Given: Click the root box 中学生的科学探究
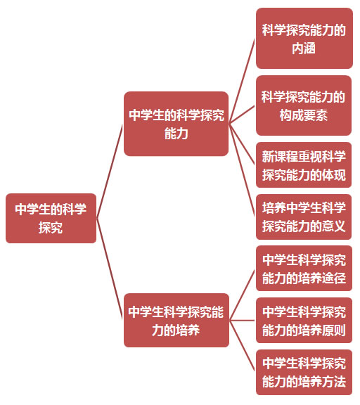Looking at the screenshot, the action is [x=51, y=218].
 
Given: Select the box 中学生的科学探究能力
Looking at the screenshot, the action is [x=176, y=124].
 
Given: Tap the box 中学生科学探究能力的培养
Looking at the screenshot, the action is [x=176, y=321].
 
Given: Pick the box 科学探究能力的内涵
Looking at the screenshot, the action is [x=304, y=38].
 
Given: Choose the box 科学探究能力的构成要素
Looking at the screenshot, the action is [x=304, y=105].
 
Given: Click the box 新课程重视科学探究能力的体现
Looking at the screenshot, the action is [x=304, y=165].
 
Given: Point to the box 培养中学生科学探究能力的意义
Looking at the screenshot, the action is [x=304, y=217].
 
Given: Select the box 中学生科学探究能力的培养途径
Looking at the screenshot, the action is [x=304, y=269].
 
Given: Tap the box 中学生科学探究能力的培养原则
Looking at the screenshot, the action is [x=304, y=321].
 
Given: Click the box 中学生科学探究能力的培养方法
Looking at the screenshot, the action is [x=304, y=372].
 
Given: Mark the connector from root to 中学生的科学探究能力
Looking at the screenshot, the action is [x=110, y=171].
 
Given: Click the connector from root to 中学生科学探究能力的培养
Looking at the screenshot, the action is [x=110, y=269].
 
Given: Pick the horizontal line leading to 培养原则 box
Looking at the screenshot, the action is [x=243, y=321].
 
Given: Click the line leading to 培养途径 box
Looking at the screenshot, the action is [x=243, y=295].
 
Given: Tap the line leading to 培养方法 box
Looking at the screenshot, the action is [x=243, y=346].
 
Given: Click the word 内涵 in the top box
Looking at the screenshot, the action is [x=304, y=48].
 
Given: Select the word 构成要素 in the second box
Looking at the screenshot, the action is [x=304, y=115].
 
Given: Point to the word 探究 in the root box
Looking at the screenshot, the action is [x=51, y=228].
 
